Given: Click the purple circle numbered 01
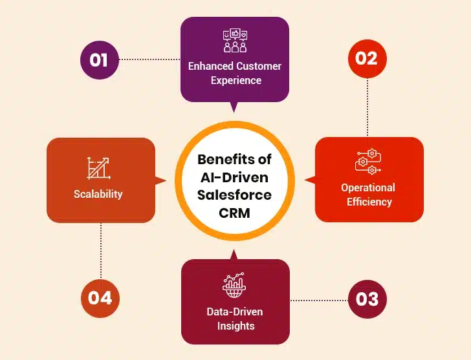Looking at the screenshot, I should tap(99, 59).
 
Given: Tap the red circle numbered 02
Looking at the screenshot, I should tap(366, 58).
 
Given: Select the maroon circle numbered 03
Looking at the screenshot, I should tap(367, 300).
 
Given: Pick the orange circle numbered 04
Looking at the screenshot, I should tap(100, 298).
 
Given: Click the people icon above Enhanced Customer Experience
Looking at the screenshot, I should tap(235, 41).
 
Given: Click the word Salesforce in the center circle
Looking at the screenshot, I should tap(235, 195).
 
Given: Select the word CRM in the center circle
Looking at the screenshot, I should tap(234, 213).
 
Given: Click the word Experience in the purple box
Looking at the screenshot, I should tap(235, 81).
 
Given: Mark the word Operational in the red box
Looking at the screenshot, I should tap(368, 187).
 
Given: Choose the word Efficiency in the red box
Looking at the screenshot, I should tap(368, 202).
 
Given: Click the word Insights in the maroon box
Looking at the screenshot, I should tap(235, 326).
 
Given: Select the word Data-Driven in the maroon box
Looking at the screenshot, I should tap(235, 312).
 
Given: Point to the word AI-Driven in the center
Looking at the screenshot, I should tap(235, 177).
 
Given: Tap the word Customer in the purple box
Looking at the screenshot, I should tap(259, 66).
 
